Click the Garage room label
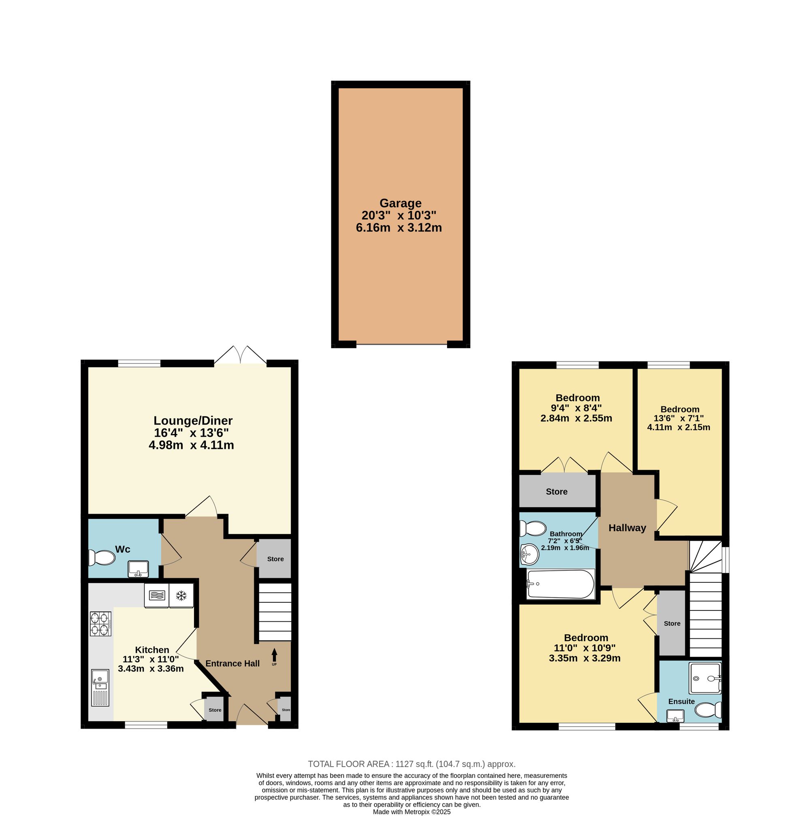[400, 203]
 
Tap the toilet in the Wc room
[101, 557]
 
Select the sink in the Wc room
[138, 569]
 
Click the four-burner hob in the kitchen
[100, 624]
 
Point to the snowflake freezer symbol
[181, 595]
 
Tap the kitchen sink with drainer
[100, 688]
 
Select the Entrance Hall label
[232, 663]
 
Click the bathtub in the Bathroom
[561, 584]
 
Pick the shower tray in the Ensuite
[705, 678]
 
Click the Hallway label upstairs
[627, 528]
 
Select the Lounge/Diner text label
[193, 421]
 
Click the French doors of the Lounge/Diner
[241, 355]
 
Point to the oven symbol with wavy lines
[156, 595]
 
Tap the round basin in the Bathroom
[529, 554]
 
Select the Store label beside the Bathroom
[556, 492]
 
